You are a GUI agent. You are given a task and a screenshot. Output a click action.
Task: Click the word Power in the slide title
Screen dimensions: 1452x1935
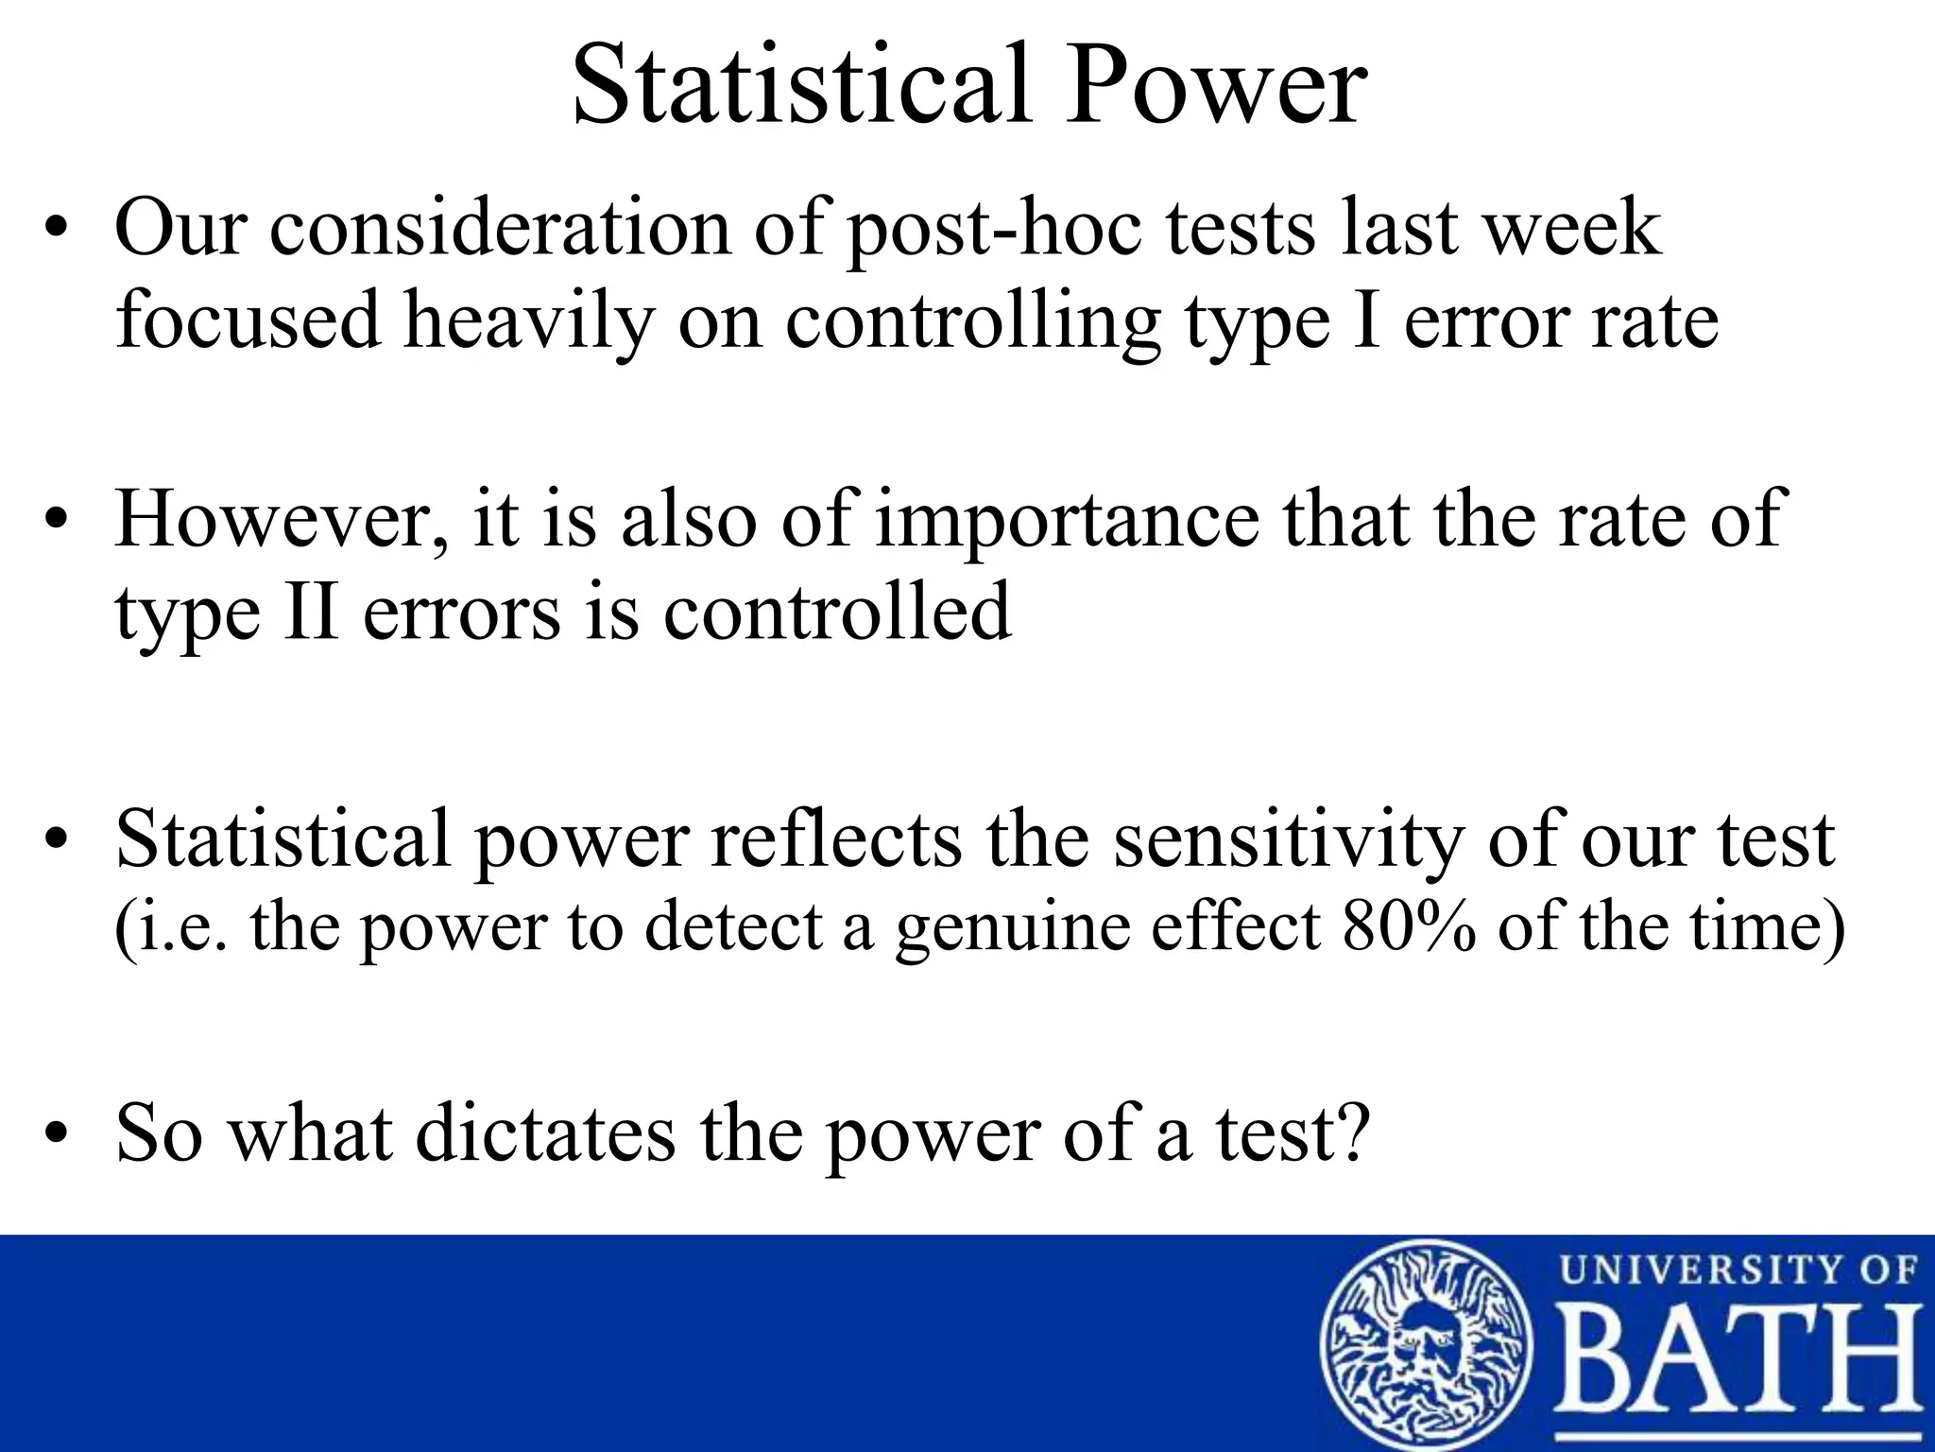point(1216,87)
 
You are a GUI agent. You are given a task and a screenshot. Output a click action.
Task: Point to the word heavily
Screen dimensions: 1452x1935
point(528,321)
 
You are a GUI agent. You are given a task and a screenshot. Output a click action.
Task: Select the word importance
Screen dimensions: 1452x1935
point(1067,520)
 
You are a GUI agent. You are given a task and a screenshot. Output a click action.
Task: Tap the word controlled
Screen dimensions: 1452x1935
point(837,612)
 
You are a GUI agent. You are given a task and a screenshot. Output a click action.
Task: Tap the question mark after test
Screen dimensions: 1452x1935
point(1353,1132)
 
